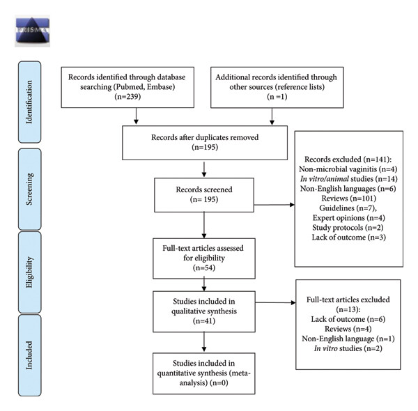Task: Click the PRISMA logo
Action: pyautogui.click(x=32, y=31)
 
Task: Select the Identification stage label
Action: pyautogui.click(x=29, y=102)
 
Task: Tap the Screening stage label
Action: pyautogui.click(x=29, y=189)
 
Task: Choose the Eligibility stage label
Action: pyautogui.click(x=29, y=272)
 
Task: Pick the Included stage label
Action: pyautogui.click(x=29, y=355)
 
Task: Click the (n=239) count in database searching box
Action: pyautogui.click(x=127, y=96)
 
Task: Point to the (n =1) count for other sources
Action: pyautogui.click(x=277, y=96)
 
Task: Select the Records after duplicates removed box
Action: pyautogui.click(x=205, y=143)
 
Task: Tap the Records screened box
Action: pyautogui.click(x=204, y=195)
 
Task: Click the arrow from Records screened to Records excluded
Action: pyautogui.click(x=274, y=205)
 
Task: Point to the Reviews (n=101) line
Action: pyautogui.click(x=349, y=199)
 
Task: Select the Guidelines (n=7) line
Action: pyautogui.click(x=348, y=208)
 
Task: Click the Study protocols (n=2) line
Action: pyautogui.click(x=348, y=228)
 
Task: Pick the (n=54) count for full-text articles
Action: pyautogui.click(x=204, y=267)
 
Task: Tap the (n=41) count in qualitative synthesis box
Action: pyautogui.click(x=204, y=321)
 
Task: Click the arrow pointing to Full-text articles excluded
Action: pyautogui.click(x=275, y=302)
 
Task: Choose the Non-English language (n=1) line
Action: pyautogui.click(x=348, y=339)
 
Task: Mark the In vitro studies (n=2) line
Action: pyautogui.click(x=348, y=348)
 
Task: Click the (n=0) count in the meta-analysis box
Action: pyautogui.click(x=219, y=382)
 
